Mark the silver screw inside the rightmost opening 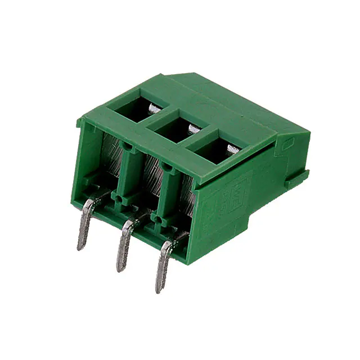232,148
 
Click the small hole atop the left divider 129,147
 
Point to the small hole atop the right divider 167,165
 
